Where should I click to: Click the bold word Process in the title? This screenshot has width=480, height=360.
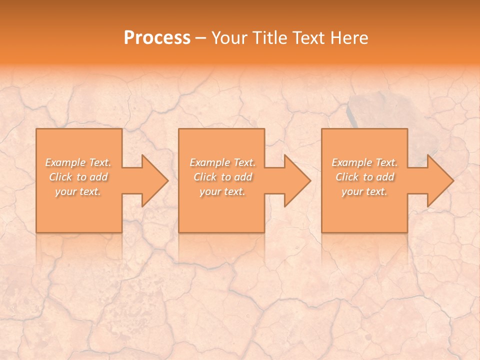[x=157, y=38]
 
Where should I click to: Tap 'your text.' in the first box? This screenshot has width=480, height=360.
[x=78, y=191]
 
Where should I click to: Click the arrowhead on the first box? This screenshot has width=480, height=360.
[x=153, y=181]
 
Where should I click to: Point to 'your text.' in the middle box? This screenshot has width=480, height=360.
[x=222, y=191]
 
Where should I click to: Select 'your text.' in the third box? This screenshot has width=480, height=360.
[x=364, y=191]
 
